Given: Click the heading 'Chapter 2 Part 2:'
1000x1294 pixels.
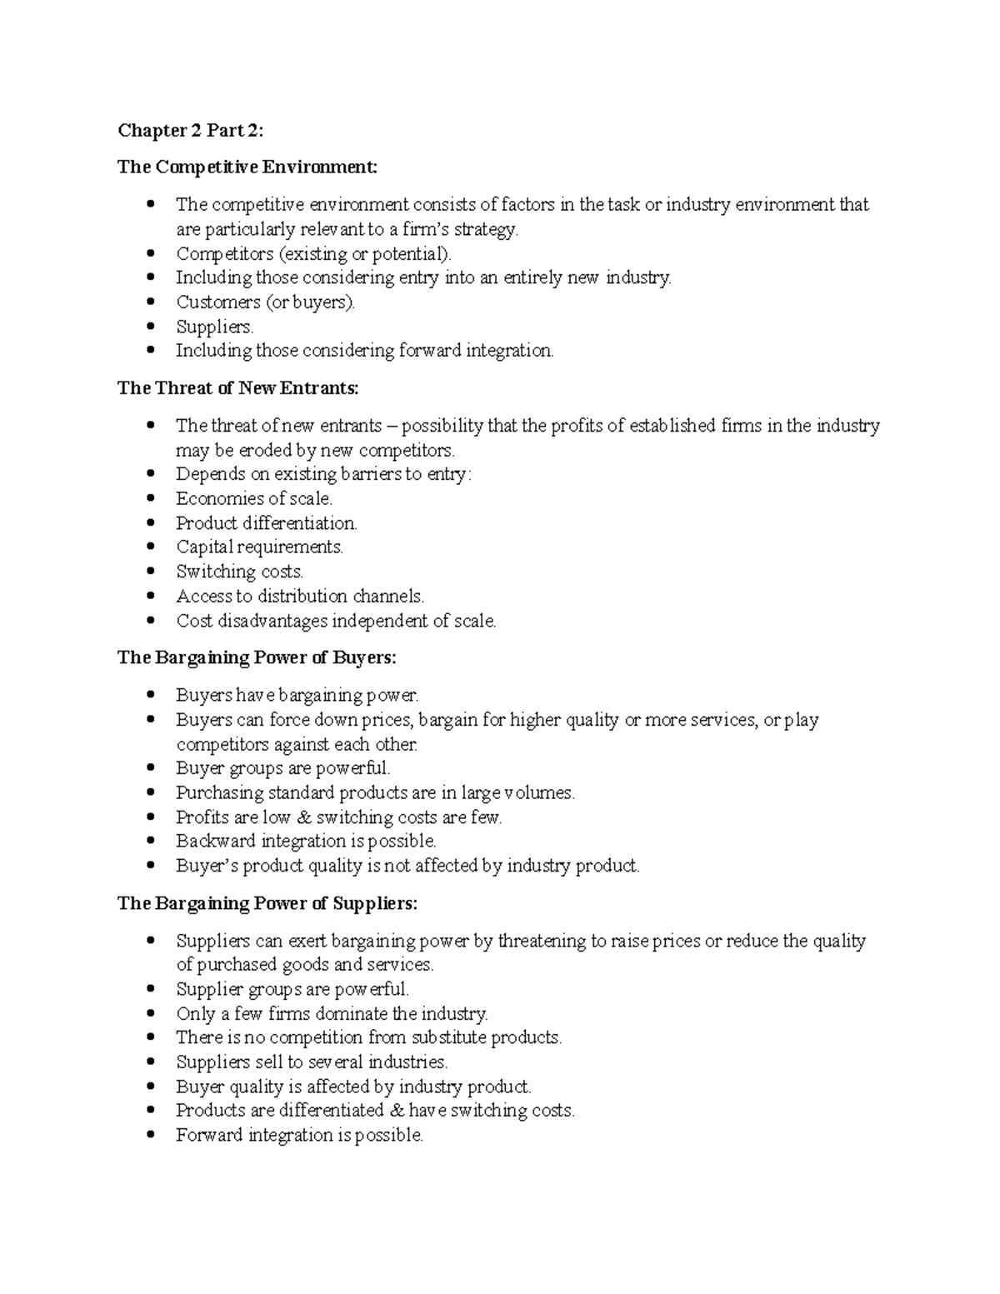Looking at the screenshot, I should [190, 130].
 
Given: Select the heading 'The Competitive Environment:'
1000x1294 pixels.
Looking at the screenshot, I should [247, 167].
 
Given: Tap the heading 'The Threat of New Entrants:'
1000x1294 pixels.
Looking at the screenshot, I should [238, 387].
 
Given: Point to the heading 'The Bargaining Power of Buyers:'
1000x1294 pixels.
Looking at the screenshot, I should [257, 657].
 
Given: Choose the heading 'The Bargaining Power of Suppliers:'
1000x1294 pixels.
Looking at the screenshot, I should [267, 903].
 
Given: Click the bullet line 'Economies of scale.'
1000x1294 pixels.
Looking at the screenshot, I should [254, 498].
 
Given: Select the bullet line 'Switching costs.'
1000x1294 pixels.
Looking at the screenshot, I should [239, 572].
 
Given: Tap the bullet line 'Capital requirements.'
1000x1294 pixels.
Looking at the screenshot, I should [259, 547].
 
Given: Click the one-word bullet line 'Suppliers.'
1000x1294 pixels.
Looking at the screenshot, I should [214, 327].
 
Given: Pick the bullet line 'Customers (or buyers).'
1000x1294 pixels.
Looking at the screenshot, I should [265, 302].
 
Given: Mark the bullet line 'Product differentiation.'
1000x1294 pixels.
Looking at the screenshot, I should [266, 523].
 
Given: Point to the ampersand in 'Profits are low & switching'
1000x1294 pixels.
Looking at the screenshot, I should [303, 817].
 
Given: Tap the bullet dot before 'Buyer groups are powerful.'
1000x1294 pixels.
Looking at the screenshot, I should [151, 768].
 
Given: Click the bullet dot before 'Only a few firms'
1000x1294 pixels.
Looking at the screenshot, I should [151, 1014].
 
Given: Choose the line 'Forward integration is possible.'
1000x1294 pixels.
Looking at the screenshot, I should [299, 1135].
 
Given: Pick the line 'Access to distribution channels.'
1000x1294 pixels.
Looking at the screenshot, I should [300, 597].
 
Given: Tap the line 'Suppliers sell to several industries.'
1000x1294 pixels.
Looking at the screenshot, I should [312, 1062].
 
